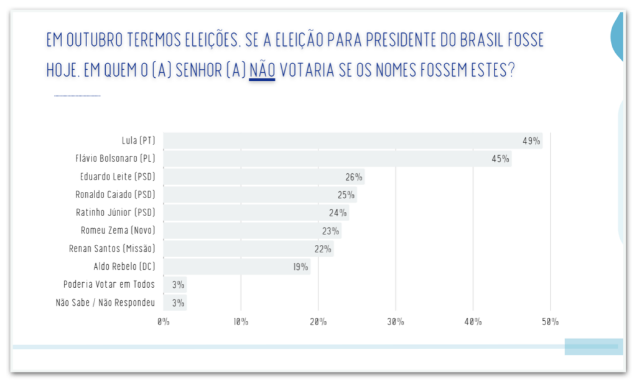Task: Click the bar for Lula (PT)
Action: pyautogui.click(x=352, y=141)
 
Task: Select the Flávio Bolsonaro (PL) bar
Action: pyautogui.click(x=337, y=159)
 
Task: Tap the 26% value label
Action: pyautogui.click(x=354, y=177)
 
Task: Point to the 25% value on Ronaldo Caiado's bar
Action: pyautogui.click(x=346, y=195)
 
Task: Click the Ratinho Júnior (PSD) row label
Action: pyautogui.click(x=115, y=212)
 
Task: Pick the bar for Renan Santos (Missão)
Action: pyautogui.click(x=248, y=249)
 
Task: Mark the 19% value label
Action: pyautogui.click(x=300, y=267)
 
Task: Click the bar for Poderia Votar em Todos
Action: pyautogui.click(x=175, y=285)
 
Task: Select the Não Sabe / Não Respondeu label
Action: pyautogui.click(x=105, y=303)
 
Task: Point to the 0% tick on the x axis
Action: pyautogui.click(x=164, y=322)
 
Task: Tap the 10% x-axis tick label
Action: pyautogui.click(x=241, y=322)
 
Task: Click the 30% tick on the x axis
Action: pyautogui.click(x=396, y=322)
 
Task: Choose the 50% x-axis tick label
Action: pyautogui.click(x=551, y=322)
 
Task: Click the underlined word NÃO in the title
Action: pyautogui.click(x=262, y=70)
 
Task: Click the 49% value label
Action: pyautogui.click(x=531, y=141)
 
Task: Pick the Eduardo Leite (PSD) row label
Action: pyautogui.click(x=118, y=177)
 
